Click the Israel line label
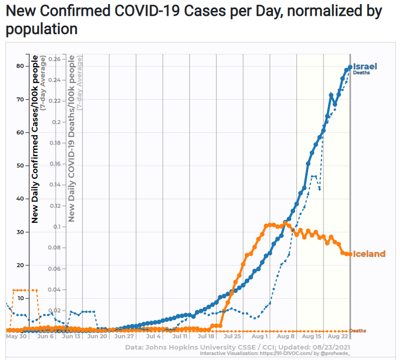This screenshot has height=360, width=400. click(x=365, y=67)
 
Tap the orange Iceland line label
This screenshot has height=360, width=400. click(x=369, y=254)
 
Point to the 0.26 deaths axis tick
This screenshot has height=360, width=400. click(x=55, y=59)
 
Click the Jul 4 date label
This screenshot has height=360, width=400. click(x=154, y=336)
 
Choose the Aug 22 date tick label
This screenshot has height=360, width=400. click(x=337, y=336)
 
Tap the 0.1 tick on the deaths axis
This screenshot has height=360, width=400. click(x=57, y=226)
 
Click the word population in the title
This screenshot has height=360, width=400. click(x=41, y=29)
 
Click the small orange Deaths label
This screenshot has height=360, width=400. click(x=357, y=331)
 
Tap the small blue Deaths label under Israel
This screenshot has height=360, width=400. click(x=362, y=73)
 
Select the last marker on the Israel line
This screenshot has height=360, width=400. click(x=350, y=67)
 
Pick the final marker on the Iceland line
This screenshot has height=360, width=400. click(x=350, y=254)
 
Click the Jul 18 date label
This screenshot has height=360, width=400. click(x=206, y=336)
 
